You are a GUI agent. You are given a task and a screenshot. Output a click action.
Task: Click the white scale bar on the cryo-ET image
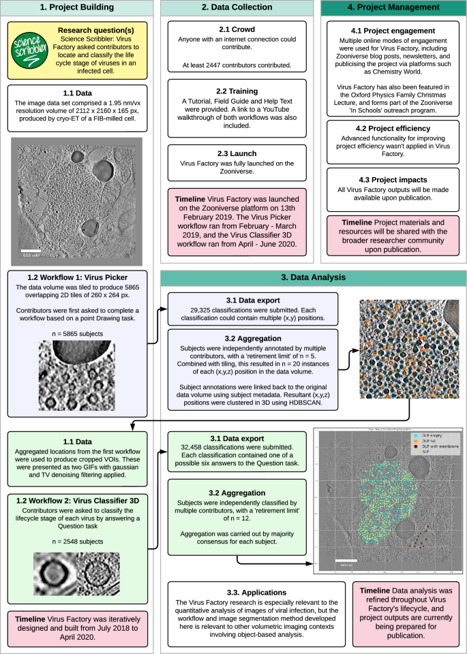[x=31, y=251]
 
